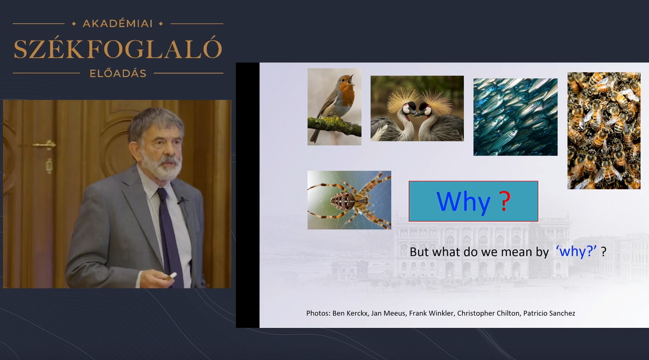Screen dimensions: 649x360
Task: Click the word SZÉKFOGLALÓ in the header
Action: coord(118,48)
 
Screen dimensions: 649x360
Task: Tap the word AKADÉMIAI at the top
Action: coord(118,24)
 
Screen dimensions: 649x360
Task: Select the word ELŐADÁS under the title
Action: coord(118,73)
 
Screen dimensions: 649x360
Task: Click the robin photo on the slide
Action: coord(334,107)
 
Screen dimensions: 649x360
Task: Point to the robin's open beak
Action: coord(352,78)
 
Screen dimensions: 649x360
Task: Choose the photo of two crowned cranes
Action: coord(417,108)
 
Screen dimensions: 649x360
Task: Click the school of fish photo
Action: coord(515,117)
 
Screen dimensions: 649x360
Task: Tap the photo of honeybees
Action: coord(604,131)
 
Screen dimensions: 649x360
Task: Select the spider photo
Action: coord(349,200)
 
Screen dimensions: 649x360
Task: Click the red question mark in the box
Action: coord(505,201)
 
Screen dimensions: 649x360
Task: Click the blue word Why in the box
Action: coord(464,202)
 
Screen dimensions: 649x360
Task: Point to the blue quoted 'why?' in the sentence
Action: coord(576,251)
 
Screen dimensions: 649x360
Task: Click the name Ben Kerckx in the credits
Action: coord(350,313)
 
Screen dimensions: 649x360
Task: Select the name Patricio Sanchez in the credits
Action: coord(549,313)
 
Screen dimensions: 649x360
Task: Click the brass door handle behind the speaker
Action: coord(44,145)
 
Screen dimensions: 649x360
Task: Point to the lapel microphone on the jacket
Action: coord(181,201)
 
